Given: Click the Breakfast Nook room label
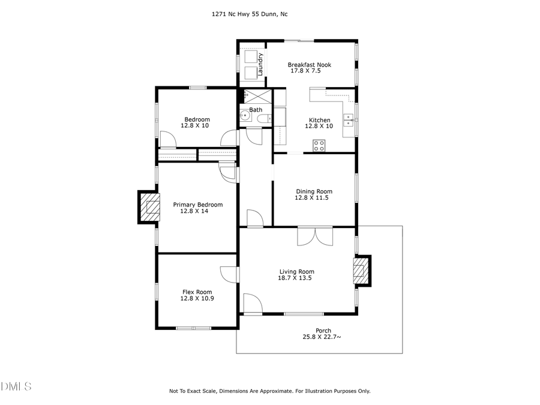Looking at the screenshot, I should [309, 65].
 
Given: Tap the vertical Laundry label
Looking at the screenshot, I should [260, 64].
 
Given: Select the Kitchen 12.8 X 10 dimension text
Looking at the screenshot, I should [319, 127].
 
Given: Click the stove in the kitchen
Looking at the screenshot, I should [319, 145].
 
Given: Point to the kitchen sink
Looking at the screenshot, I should [349, 119].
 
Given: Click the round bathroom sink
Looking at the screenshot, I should [244, 116].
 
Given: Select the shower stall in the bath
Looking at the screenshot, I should [256, 97].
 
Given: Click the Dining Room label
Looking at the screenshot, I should [313, 191].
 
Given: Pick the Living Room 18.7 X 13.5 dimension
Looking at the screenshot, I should [295, 278].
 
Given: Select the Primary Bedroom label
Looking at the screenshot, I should [198, 205].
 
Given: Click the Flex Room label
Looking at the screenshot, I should [197, 292].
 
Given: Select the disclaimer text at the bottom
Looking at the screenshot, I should [270, 391].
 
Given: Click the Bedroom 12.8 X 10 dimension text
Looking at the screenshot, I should [195, 126].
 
